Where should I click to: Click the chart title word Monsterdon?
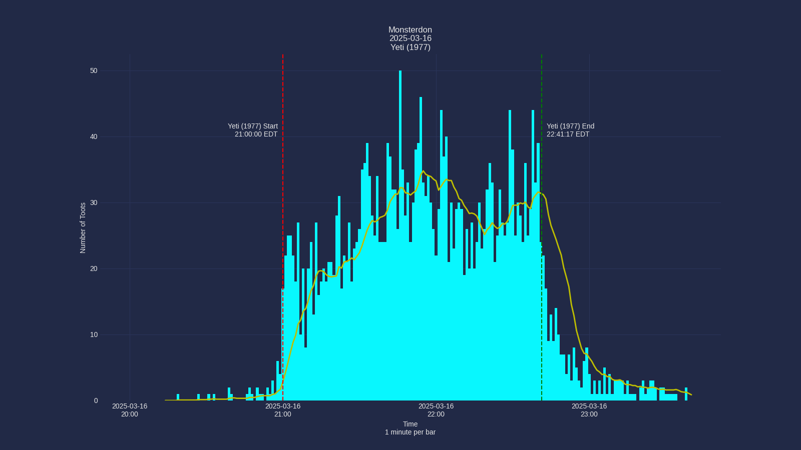point(410,30)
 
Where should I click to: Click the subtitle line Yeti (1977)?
point(410,47)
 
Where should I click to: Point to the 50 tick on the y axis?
point(94,71)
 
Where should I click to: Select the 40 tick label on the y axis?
point(94,137)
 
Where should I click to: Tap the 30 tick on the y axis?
point(94,203)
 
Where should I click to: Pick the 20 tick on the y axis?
point(94,269)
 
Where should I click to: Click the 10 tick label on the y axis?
point(94,335)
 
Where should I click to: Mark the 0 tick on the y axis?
point(96,401)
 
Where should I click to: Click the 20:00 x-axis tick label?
point(130,410)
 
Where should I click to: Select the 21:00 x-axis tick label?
point(283,410)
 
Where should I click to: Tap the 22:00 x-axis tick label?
point(436,410)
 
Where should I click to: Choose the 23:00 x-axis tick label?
point(589,410)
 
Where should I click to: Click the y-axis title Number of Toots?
point(83,228)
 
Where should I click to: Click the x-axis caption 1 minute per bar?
point(410,432)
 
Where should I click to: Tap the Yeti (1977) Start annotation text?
point(253,130)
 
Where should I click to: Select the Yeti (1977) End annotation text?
point(570,130)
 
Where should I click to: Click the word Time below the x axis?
point(410,424)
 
